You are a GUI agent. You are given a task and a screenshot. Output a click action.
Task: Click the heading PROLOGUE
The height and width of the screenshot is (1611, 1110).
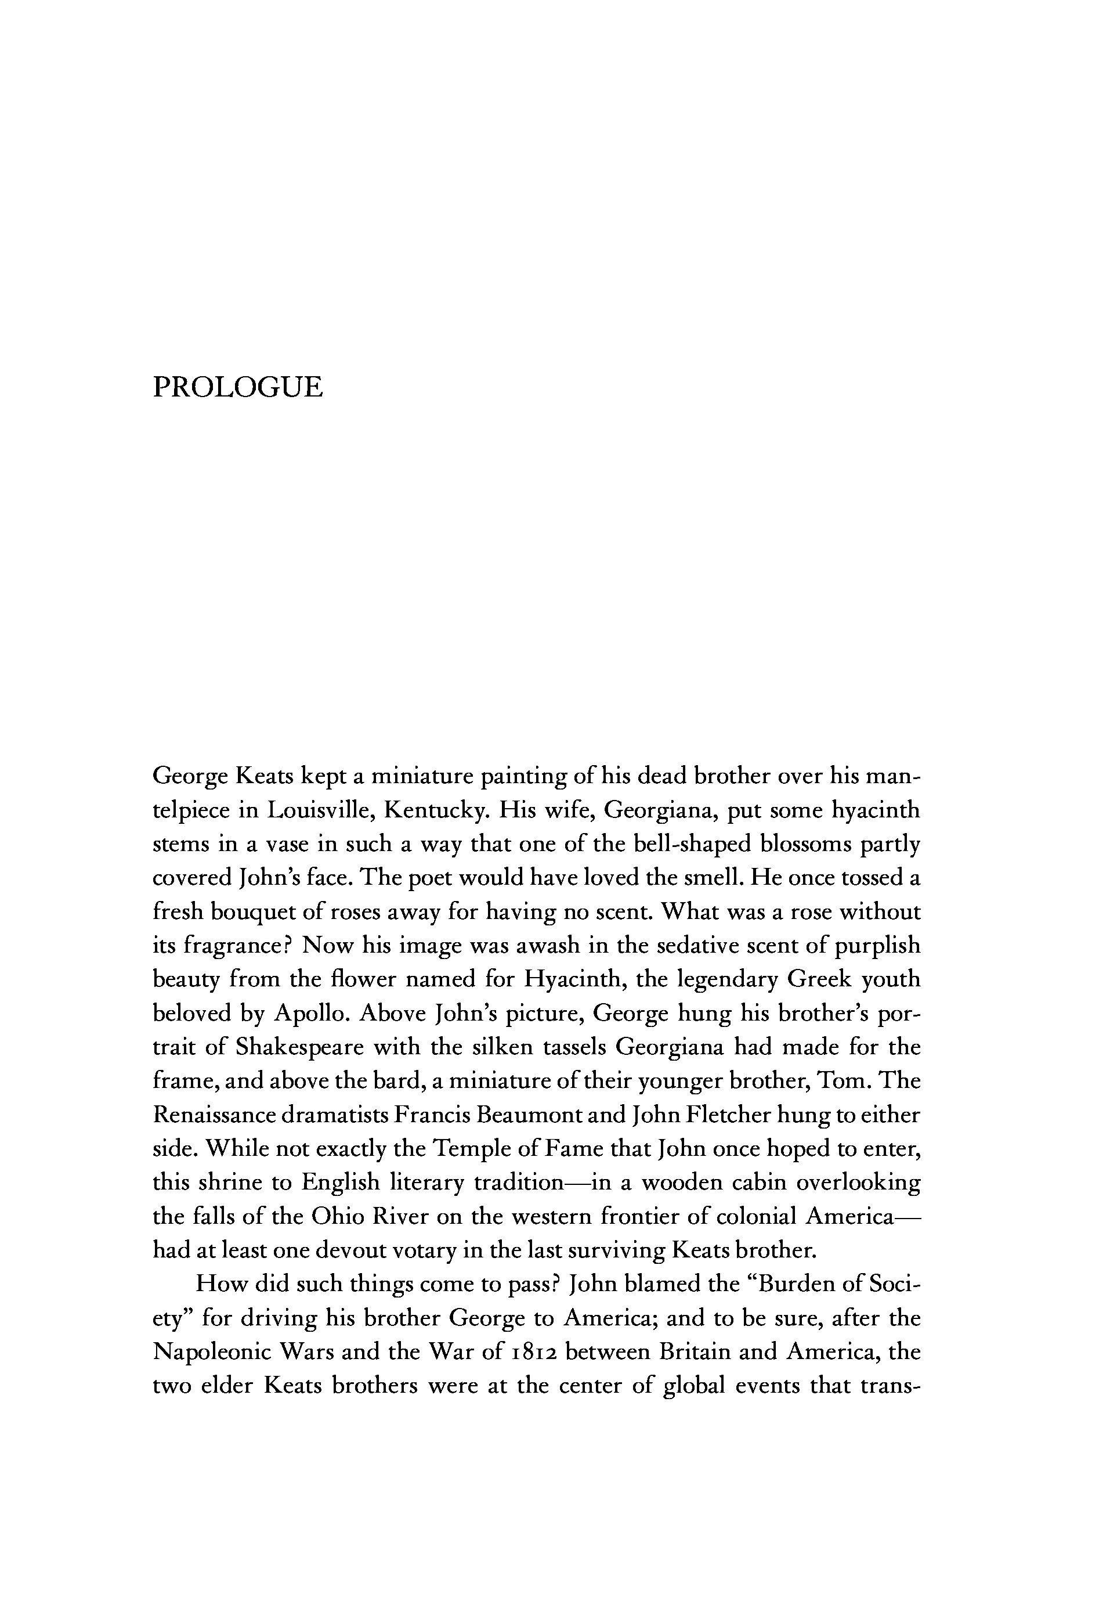[238, 387]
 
